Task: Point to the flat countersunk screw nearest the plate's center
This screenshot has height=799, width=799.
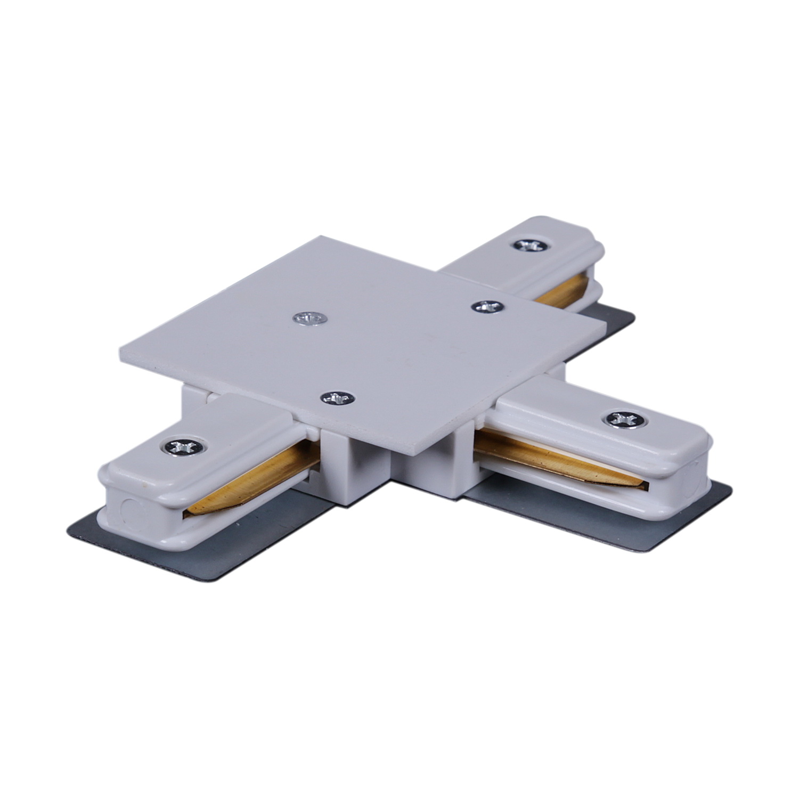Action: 310,319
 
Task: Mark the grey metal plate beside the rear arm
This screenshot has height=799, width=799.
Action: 613,323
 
